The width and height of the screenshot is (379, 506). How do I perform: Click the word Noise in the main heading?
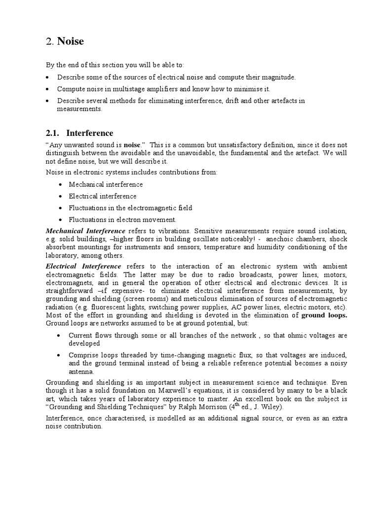point(71,42)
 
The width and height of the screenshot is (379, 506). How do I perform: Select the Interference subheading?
point(90,133)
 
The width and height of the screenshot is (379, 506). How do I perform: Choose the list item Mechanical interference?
point(106,184)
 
